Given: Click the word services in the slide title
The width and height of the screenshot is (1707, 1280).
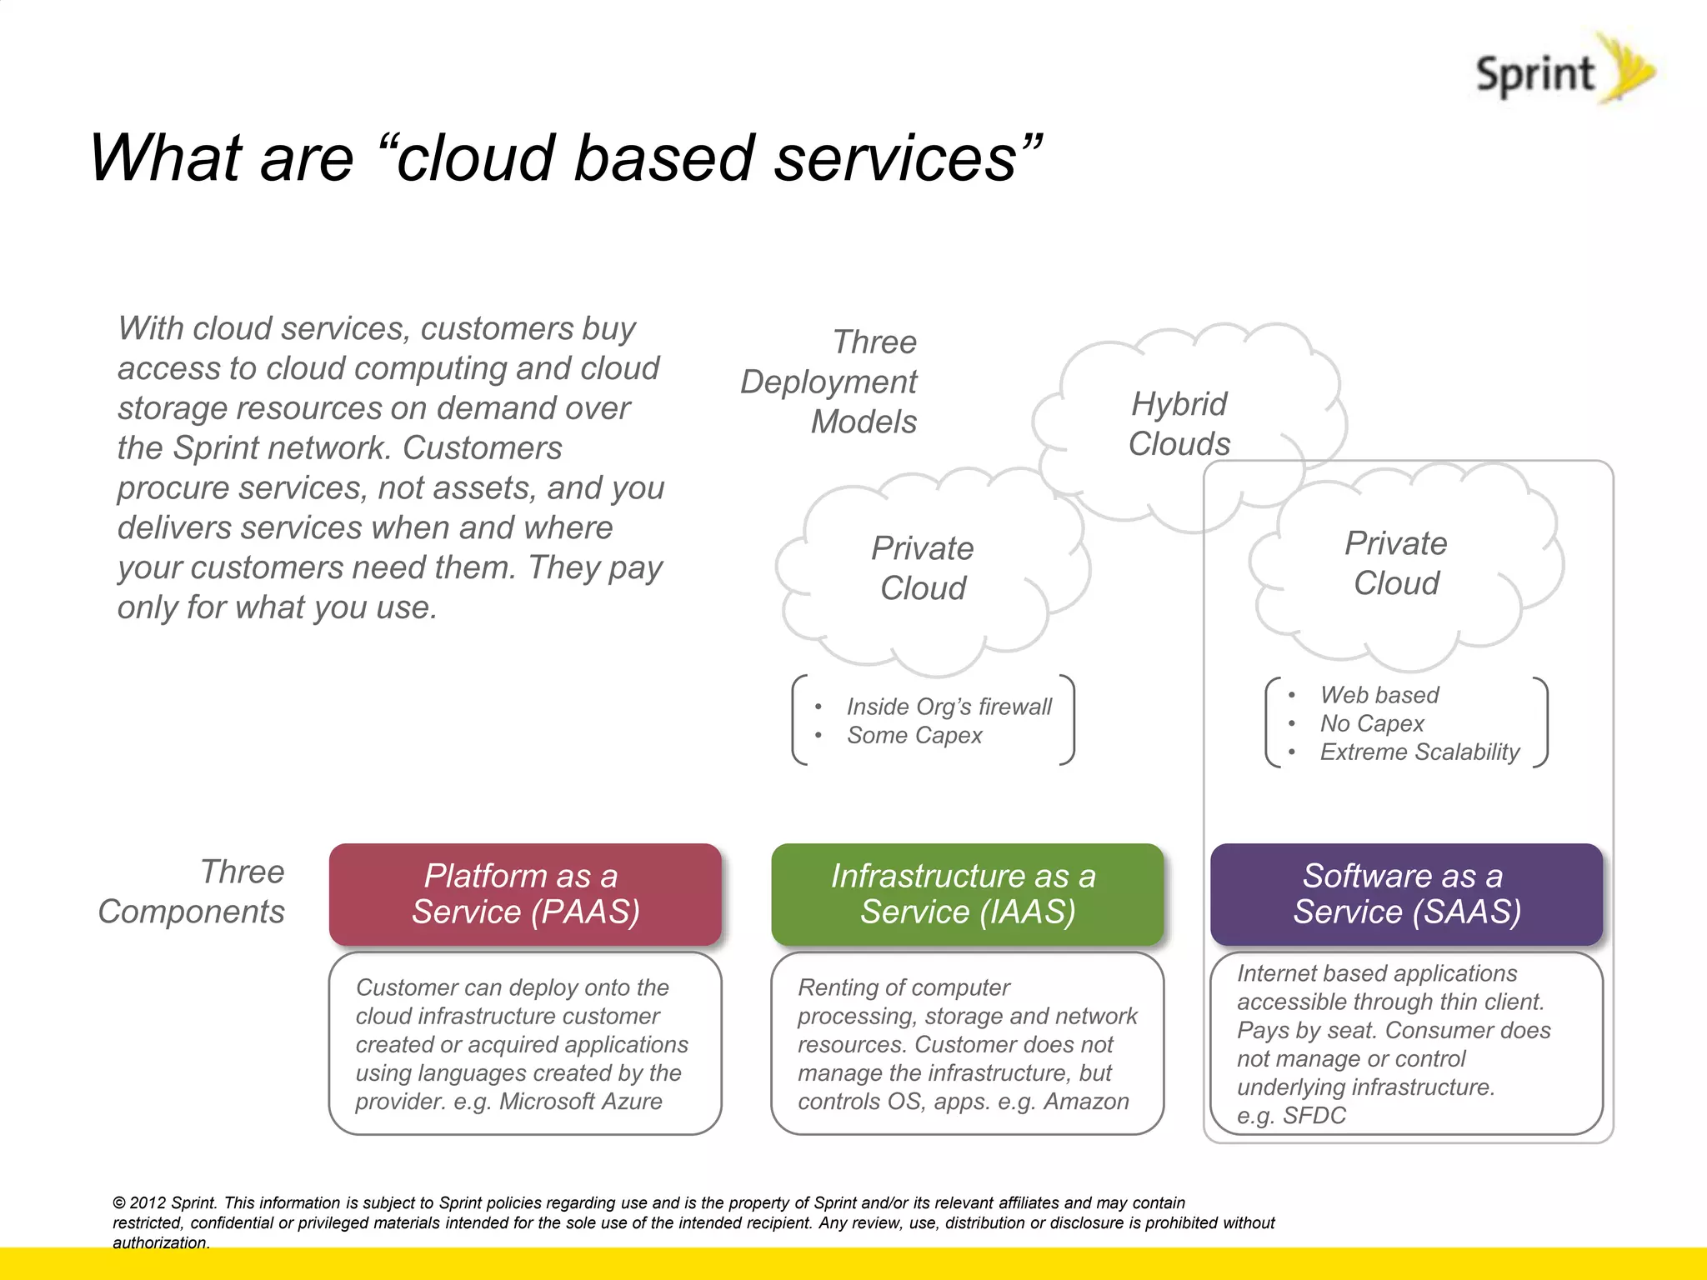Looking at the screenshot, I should click(895, 158).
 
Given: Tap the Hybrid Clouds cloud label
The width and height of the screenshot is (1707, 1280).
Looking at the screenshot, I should click(1179, 424).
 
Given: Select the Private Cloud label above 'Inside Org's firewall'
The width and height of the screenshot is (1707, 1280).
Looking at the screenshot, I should click(923, 568).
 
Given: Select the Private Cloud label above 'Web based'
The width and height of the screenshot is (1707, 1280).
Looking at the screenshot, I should click(1396, 563).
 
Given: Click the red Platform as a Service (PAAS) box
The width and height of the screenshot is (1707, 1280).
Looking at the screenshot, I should click(525, 894).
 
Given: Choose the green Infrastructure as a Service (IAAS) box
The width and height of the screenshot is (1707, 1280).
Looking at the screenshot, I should click(967, 894).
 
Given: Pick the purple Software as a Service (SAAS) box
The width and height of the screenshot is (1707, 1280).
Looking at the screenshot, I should click(1406, 894).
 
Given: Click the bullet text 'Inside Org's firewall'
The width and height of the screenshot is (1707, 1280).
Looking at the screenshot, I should click(949, 707).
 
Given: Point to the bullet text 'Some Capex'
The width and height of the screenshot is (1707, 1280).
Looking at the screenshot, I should click(914, 736).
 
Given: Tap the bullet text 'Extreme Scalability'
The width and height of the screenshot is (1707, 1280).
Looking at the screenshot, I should click(1419, 752).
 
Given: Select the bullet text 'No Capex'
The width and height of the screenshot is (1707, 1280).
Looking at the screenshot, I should click(1372, 723).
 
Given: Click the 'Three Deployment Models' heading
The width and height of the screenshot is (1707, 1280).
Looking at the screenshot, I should click(829, 382).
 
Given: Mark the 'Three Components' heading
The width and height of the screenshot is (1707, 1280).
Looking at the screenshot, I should click(192, 892).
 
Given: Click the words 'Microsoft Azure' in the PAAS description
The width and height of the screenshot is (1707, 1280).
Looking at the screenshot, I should click(580, 1102).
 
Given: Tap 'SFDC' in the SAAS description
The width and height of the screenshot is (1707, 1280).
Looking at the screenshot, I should click(1314, 1116).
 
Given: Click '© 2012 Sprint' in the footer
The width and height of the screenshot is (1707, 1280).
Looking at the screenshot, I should click(165, 1202).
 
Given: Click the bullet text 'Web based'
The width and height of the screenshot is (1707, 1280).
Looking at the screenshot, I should click(1379, 695).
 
